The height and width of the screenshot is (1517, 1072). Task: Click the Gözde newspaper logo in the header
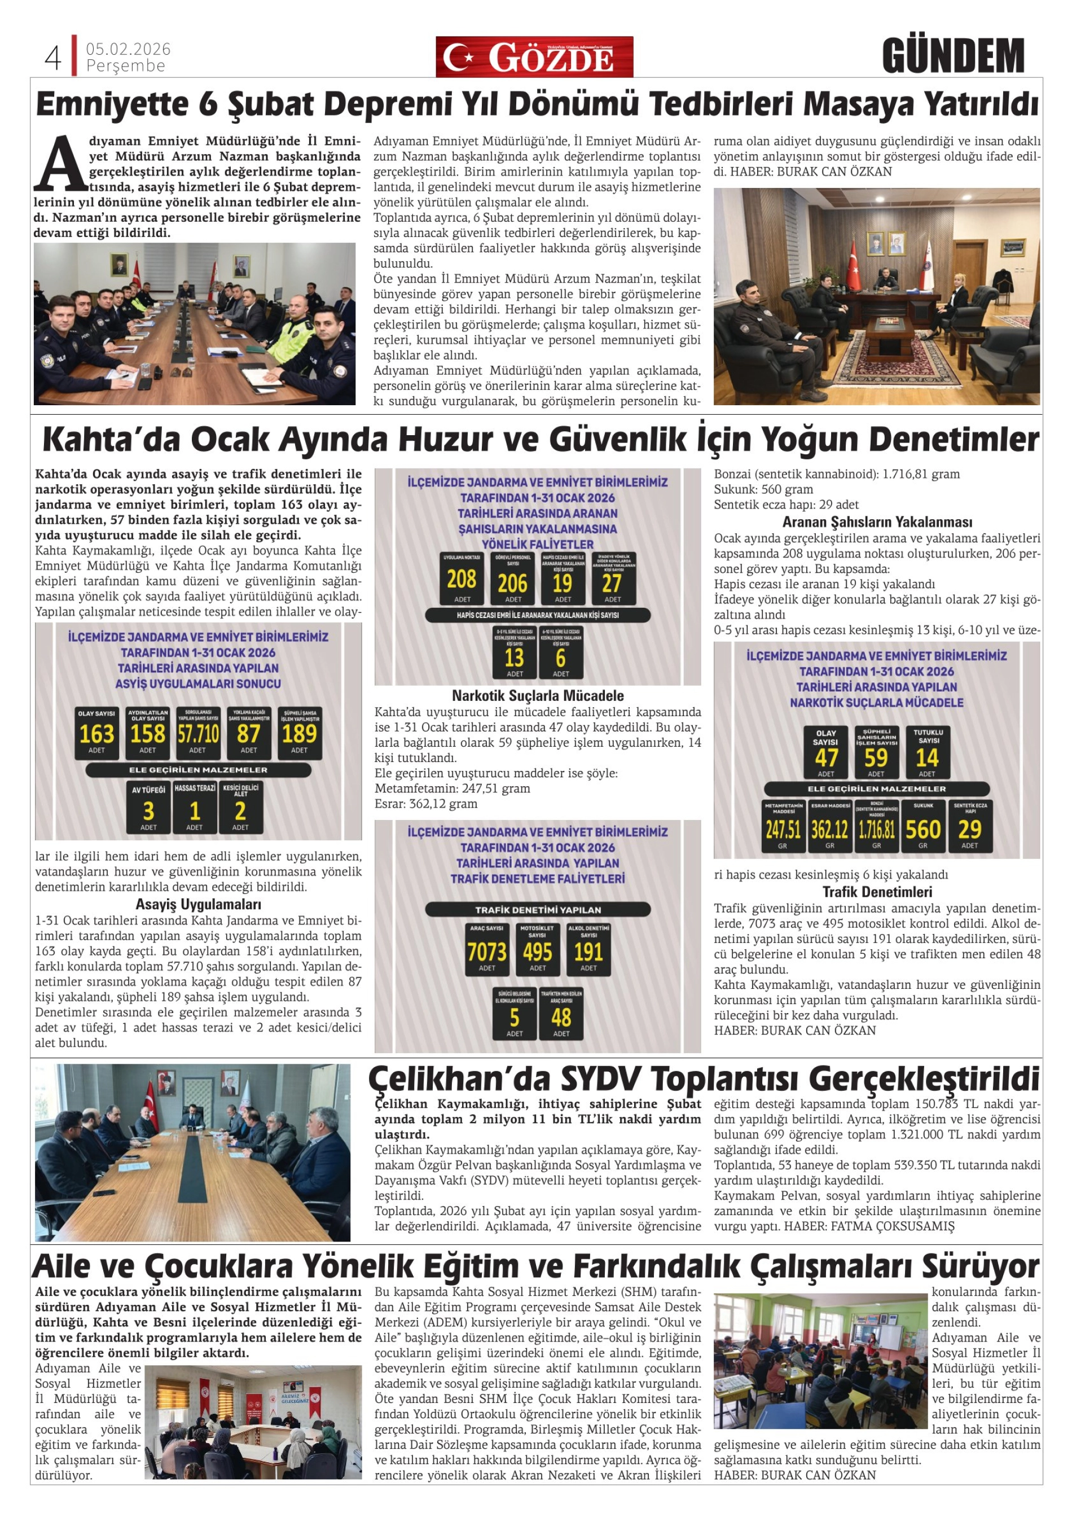point(534,57)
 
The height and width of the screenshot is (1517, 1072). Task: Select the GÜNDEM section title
point(952,56)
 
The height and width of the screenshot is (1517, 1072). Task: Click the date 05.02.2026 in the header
point(128,49)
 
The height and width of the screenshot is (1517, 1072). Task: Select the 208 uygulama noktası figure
point(461,580)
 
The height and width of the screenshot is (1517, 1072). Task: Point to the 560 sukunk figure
point(922,828)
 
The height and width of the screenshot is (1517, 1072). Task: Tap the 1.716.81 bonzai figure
point(876,828)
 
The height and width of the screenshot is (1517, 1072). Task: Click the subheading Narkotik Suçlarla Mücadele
point(538,696)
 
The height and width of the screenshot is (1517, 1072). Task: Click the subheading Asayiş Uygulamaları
point(198,905)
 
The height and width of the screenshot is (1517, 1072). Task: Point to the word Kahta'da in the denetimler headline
point(111,440)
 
